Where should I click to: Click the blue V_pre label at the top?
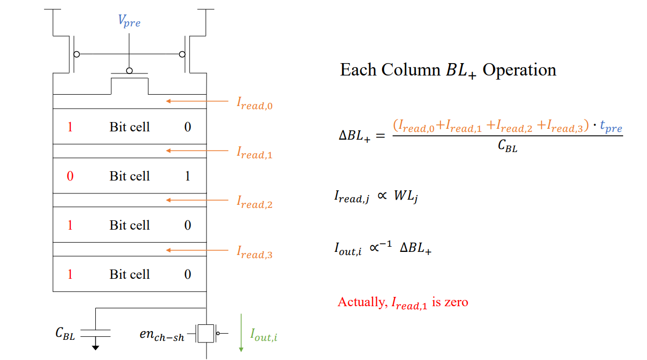tap(129, 22)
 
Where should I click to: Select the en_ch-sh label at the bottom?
tap(161, 334)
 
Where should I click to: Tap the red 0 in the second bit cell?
tap(70, 176)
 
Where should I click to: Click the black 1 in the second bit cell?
tap(187, 176)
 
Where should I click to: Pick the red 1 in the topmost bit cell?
tap(70, 127)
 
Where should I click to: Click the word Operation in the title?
tap(519, 70)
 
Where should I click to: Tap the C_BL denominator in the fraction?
tap(507, 146)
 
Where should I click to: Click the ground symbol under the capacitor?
tap(96, 347)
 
